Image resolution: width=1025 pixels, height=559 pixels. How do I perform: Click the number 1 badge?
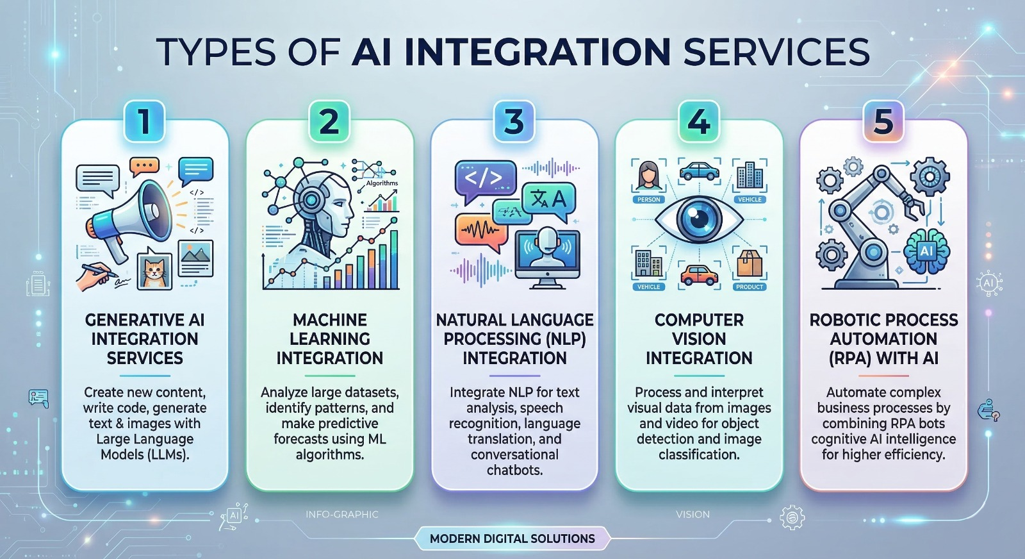[x=144, y=121]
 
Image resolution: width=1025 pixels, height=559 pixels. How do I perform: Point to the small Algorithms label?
[x=382, y=183]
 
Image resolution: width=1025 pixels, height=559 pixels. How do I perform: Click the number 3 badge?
[x=514, y=121]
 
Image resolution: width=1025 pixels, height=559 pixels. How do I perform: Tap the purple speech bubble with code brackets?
[x=485, y=178]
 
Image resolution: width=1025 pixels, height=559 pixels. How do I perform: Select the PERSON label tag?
[x=648, y=200]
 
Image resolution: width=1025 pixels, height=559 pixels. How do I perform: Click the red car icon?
[x=699, y=275]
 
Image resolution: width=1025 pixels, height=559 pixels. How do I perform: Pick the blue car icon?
[x=699, y=171]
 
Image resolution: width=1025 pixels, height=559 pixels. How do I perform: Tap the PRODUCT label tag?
[x=750, y=287]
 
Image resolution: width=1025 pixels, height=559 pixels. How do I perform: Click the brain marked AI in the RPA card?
[x=926, y=251]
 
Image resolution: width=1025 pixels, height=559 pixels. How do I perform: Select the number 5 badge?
[x=883, y=121]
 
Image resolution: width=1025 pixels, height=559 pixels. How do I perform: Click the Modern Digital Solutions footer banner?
[x=512, y=538]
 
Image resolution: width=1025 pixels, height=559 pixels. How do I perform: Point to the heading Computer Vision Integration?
[x=699, y=339]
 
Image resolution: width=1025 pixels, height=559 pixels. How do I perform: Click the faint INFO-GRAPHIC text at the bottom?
[x=342, y=514]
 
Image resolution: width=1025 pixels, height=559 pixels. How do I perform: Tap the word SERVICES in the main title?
[x=776, y=52]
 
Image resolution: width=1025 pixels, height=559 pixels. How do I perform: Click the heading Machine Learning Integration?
[x=330, y=339]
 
